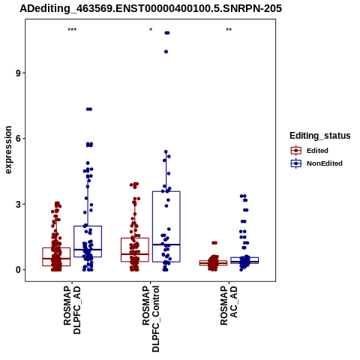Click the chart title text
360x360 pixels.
[151, 8]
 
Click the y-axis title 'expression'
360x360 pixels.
[8, 150]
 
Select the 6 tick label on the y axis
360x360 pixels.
[18, 139]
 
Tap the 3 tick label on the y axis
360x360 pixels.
[18, 204]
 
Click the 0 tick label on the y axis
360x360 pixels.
[18, 270]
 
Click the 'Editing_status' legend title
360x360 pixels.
[320, 136]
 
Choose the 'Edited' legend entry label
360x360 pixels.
[317, 151]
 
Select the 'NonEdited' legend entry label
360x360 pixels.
[325, 163]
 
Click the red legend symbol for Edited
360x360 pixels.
[296, 151]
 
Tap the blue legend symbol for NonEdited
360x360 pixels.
[296, 163]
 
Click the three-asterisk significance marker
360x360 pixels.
[72, 30]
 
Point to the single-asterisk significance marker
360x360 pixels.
[151, 30]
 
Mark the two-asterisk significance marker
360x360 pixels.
[229, 30]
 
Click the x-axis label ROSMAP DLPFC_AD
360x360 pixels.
[72, 310]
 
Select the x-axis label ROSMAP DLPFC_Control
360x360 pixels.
[151, 319]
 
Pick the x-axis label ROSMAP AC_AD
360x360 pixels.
[229, 305]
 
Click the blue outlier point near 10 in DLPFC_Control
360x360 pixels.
[166, 52]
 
